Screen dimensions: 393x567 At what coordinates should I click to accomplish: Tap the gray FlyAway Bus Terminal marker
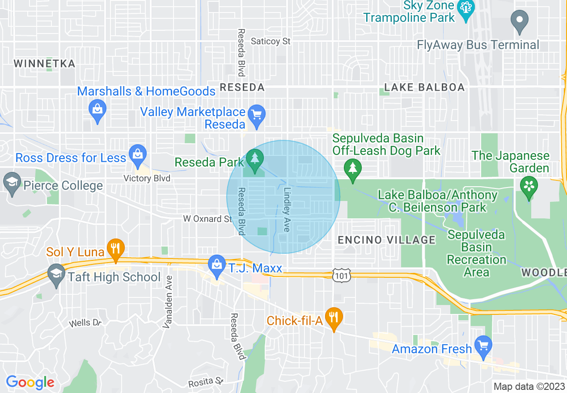coord(519,21)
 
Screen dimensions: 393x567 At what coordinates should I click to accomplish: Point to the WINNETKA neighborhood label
coord(44,63)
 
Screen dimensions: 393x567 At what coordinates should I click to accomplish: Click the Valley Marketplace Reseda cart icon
coord(256,115)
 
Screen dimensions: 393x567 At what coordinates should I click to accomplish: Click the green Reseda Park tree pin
coord(255,159)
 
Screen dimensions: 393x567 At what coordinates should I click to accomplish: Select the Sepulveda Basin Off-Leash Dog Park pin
coord(353,169)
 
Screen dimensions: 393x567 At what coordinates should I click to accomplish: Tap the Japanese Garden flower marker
coord(529,186)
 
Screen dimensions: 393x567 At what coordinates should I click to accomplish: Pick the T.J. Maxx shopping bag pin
coord(217,265)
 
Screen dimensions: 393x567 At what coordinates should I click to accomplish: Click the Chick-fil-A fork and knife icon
coord(334,318)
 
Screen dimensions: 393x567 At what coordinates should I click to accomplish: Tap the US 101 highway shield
coord(342,276)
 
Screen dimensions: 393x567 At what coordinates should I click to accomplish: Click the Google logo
coord(30,382)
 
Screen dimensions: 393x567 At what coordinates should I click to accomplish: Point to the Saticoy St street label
coord(271,41)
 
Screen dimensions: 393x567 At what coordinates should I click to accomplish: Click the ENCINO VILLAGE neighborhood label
coord(386,240)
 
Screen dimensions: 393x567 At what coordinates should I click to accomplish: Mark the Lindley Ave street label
coord(287,209)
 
